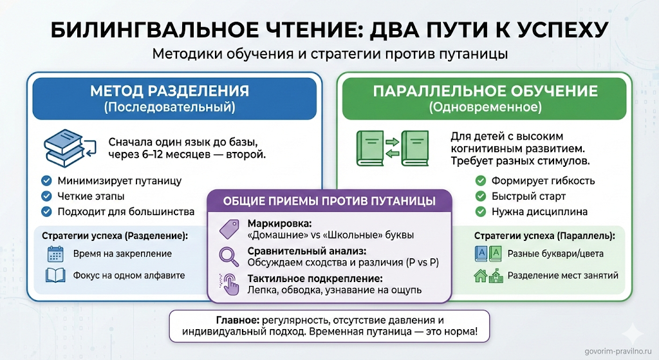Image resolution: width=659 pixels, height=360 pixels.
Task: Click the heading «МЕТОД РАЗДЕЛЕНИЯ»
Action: (169, 91)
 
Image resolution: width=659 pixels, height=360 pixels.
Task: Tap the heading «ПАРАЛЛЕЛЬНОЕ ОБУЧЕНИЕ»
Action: (486, 91)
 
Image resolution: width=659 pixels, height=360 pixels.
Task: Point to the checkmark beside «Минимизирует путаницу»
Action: (46, 181)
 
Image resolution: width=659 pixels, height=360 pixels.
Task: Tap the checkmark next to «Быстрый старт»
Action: (480, 196)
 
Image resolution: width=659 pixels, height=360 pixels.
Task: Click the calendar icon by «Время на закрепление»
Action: (55, 254)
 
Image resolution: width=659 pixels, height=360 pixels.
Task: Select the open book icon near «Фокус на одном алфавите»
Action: (55, 276)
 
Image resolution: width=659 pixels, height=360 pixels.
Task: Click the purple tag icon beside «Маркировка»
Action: (230, 229)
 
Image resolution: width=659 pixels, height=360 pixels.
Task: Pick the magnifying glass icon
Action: (230, 256)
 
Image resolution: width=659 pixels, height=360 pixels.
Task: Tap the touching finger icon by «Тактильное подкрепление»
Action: (230, 283)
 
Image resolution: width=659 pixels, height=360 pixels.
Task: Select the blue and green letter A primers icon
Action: (487, 254)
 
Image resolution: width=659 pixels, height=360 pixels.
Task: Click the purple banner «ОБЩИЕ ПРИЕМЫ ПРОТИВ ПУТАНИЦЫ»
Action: (329, 201)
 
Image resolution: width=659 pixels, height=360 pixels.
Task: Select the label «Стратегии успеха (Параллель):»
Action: (544, 236)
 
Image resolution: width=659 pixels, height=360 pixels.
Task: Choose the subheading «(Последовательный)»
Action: (169, 108)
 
